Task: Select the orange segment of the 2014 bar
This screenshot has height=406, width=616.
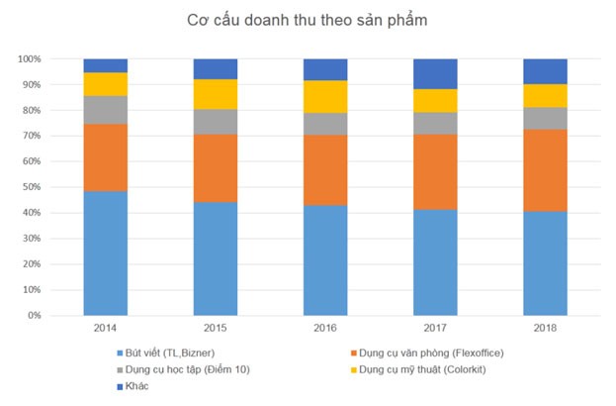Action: point(106,157)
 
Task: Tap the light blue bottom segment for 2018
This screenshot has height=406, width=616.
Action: point(545,263)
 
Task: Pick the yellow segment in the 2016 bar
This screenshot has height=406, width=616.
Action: point(325,96)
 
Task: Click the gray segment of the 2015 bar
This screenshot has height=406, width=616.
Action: point(216,121)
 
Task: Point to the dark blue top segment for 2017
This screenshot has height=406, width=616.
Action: point(435,73)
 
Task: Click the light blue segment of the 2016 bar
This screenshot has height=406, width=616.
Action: point(325,260)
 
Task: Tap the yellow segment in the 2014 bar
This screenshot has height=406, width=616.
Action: point(106,84)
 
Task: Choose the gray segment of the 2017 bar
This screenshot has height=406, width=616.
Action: point(435,123)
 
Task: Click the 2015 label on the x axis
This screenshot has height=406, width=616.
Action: point(216,328)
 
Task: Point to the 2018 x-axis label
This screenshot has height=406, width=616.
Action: point(545,328)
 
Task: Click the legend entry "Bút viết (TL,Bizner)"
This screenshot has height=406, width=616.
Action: point(167,353)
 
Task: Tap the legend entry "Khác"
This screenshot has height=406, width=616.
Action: point(135,386)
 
